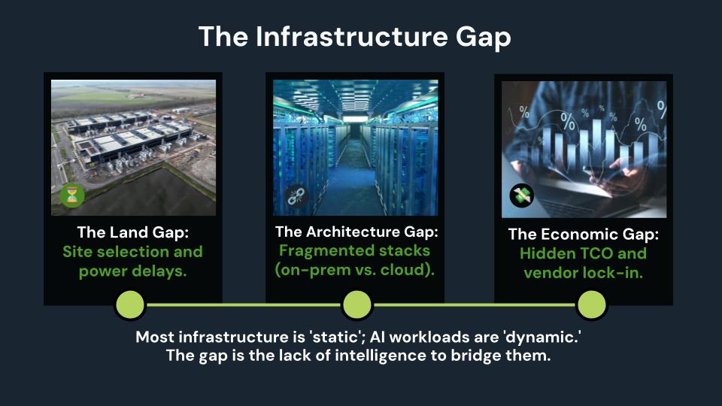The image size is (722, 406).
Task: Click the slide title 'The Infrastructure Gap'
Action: click(x=354, y=37)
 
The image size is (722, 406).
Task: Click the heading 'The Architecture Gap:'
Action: click(x=356, y=232)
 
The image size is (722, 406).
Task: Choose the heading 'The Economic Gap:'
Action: click(x=584, y=235)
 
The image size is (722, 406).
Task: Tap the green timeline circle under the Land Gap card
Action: click(x=129, y=304)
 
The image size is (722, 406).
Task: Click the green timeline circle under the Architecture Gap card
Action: click(x=356, y=304)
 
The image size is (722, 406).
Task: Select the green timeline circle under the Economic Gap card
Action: click(x=591, y=304)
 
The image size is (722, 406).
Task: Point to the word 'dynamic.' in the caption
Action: click(x=546, y=338)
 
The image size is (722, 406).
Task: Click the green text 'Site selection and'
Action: click(x=132, y=251)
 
